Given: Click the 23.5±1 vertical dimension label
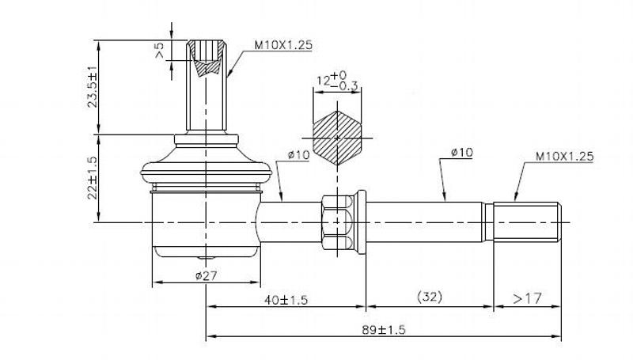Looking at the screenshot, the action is click(x=93, y=88).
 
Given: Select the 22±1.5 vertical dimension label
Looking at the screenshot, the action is click(x=93, y=178).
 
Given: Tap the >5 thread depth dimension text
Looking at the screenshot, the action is click(x=160, y=51).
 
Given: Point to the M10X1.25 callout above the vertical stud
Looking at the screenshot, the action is click(x=283, y=45).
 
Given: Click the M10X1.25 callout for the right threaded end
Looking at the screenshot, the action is click(x=564, y=157).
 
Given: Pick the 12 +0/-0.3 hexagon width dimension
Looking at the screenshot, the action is click(x=338, y=81).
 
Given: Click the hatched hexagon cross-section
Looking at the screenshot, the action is click(x=337, y=138).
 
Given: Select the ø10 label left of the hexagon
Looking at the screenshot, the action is click(x=298, y=154).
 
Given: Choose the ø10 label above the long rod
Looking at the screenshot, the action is click(x=462, y=153).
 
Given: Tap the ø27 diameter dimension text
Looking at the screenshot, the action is click(x=206, y=276).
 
